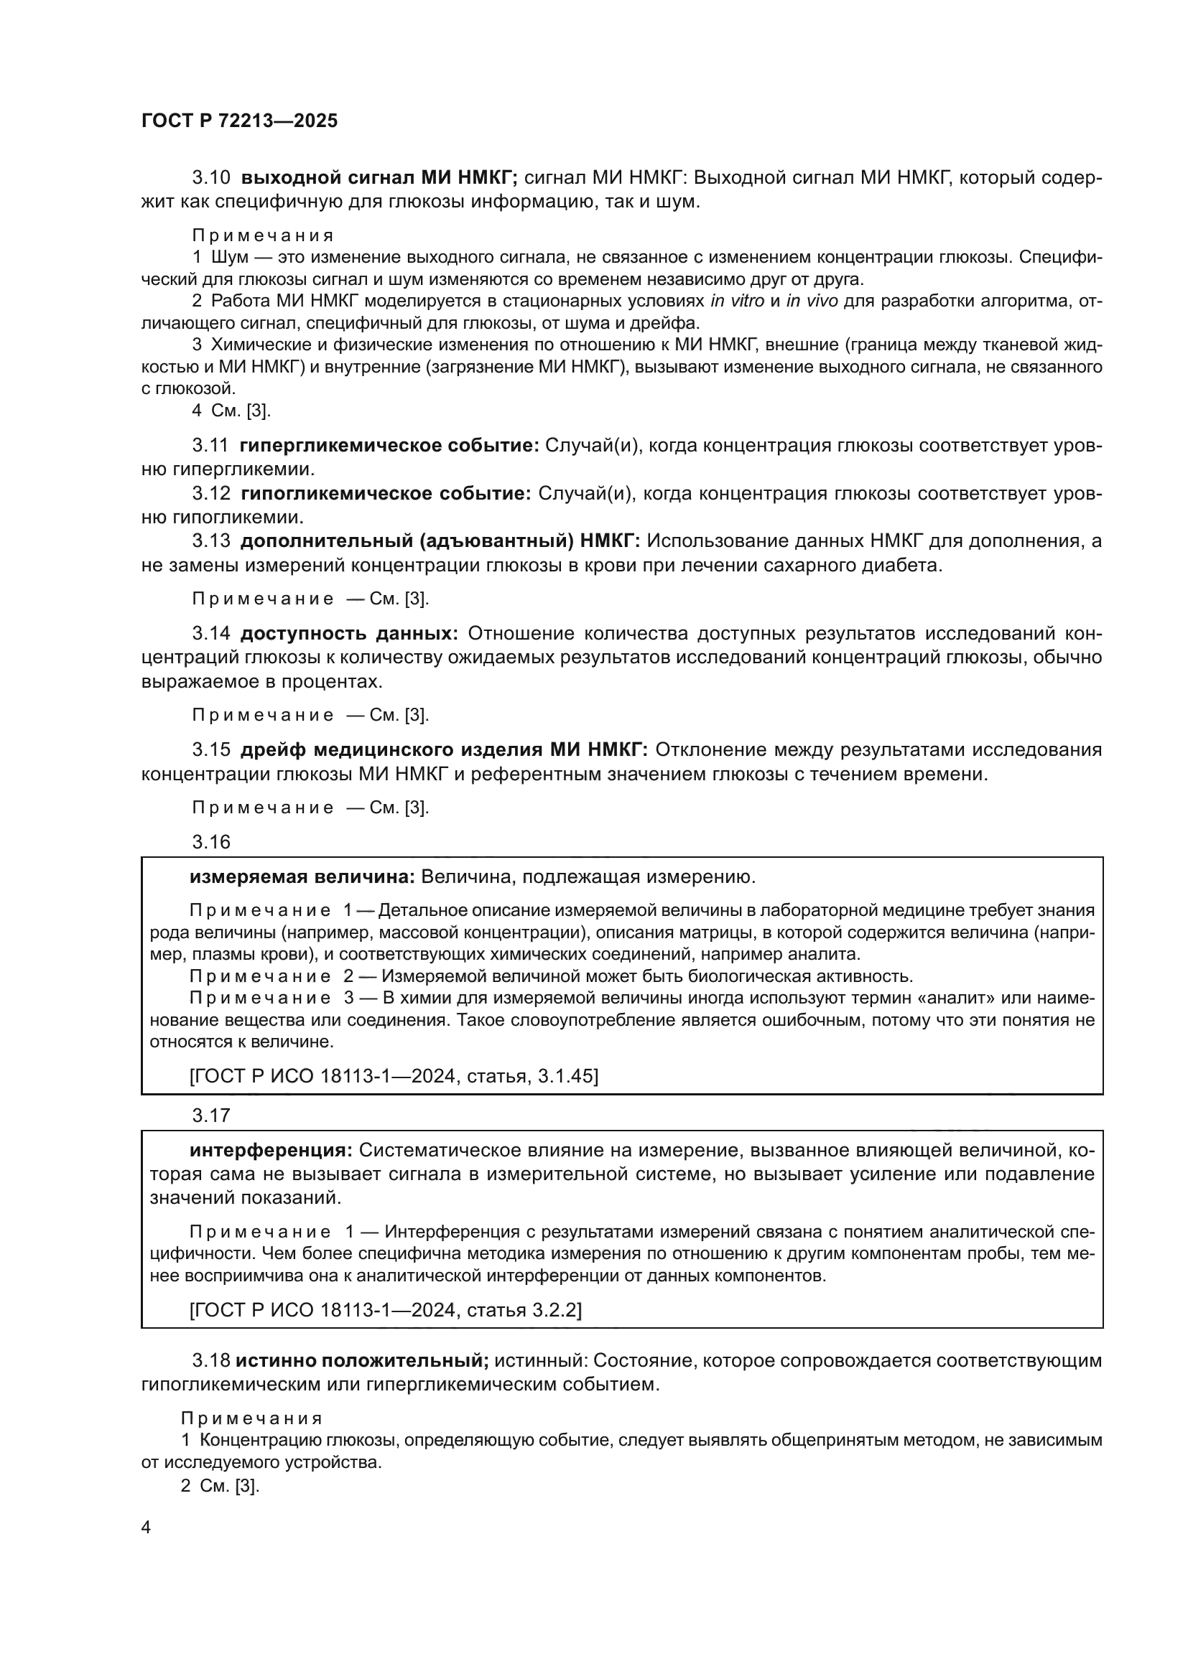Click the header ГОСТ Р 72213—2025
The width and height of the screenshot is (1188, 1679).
[x=239, y=121]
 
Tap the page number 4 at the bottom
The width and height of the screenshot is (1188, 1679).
[x=146, y=1528]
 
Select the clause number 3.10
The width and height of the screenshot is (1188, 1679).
[x=211, y=178]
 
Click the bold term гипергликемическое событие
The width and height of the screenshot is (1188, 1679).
[x=390, y=445]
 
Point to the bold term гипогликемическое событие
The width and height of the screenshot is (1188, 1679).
[x=386, y=494]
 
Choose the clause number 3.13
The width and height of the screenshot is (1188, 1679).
[x=211, y=541]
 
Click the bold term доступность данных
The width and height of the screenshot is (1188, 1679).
[x=350, y=633]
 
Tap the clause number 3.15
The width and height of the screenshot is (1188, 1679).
[x=211, y=749]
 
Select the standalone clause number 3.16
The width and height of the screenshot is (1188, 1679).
[x=211, y=842]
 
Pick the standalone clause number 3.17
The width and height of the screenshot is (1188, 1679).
[x=211, y=1116]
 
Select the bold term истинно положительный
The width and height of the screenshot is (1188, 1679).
[x=362, y=1360]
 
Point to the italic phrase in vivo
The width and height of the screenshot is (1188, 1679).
[x=812, y=301]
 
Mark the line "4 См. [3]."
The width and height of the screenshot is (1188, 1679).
[x=231, y=411]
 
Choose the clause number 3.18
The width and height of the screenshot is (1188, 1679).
[x=211, y=1360]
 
